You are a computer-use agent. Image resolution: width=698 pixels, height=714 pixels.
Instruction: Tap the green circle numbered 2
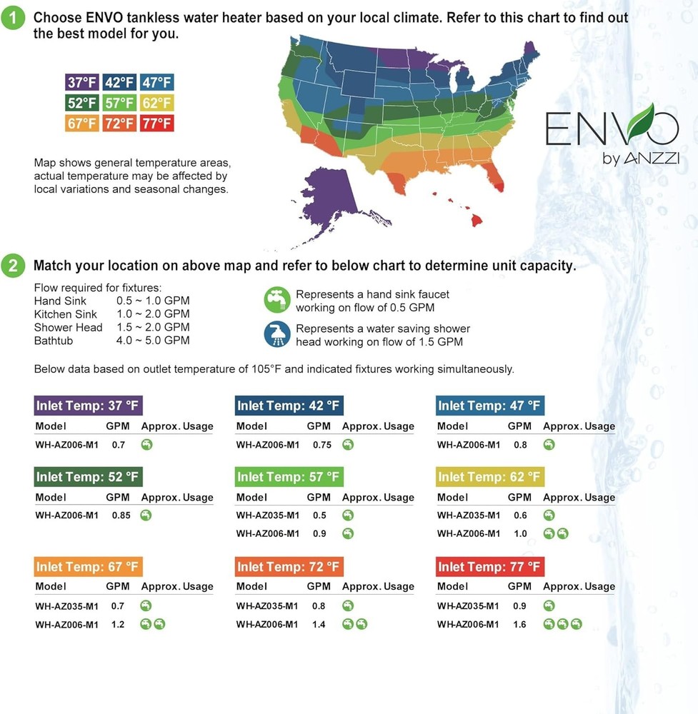tap(16, 266)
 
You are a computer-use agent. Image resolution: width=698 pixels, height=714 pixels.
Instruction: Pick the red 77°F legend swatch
tap(156, 123)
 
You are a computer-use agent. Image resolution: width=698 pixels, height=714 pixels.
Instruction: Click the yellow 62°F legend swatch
tap(156, 103)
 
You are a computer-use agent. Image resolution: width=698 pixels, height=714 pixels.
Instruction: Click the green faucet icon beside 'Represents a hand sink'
tap(276, 300)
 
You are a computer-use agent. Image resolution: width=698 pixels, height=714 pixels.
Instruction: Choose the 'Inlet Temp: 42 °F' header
tap(289, 406)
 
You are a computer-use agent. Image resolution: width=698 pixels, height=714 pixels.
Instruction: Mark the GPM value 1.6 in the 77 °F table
tap(519, 624)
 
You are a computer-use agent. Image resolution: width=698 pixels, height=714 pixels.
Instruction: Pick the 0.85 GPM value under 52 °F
tap(121, 516)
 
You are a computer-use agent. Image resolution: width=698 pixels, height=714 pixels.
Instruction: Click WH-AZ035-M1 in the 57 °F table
tap(267, 516)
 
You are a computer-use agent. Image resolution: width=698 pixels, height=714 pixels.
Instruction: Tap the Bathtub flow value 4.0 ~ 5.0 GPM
tap(153, 341)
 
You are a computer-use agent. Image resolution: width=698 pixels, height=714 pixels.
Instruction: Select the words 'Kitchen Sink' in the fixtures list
tap(63, 314)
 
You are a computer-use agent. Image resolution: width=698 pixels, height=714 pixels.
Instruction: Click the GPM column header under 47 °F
tap(519, 426)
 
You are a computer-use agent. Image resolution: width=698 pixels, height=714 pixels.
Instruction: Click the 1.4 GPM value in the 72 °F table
tap(319, 624)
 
